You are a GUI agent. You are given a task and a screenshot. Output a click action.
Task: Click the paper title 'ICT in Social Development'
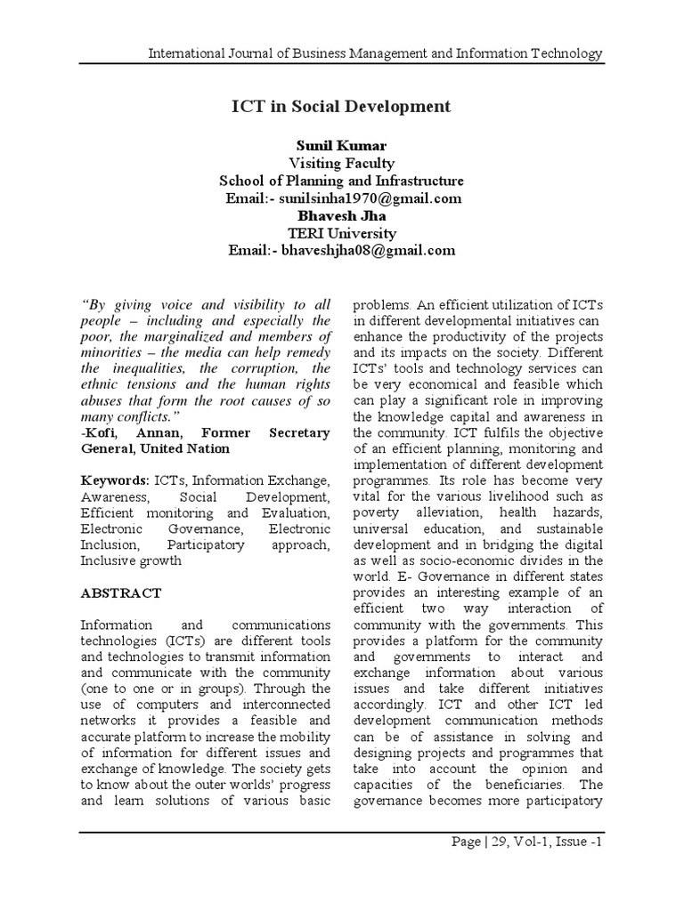click(x=342, y=107)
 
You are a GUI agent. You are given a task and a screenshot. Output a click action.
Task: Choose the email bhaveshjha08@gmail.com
click(x=368, y=250)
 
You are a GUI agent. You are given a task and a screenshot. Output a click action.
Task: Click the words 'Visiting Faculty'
click(x=342, y=163)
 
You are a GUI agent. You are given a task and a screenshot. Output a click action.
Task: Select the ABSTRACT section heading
click(x=121, y=593)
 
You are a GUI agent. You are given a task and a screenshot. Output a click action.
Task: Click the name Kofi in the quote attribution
click(x=101, y=432)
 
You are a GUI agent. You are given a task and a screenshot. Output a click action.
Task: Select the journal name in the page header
click(x=374, y=54)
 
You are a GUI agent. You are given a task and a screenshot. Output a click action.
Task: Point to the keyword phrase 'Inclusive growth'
click(x=131, y=560)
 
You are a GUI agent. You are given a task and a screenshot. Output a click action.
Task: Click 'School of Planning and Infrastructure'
click(x=342, y=181)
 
